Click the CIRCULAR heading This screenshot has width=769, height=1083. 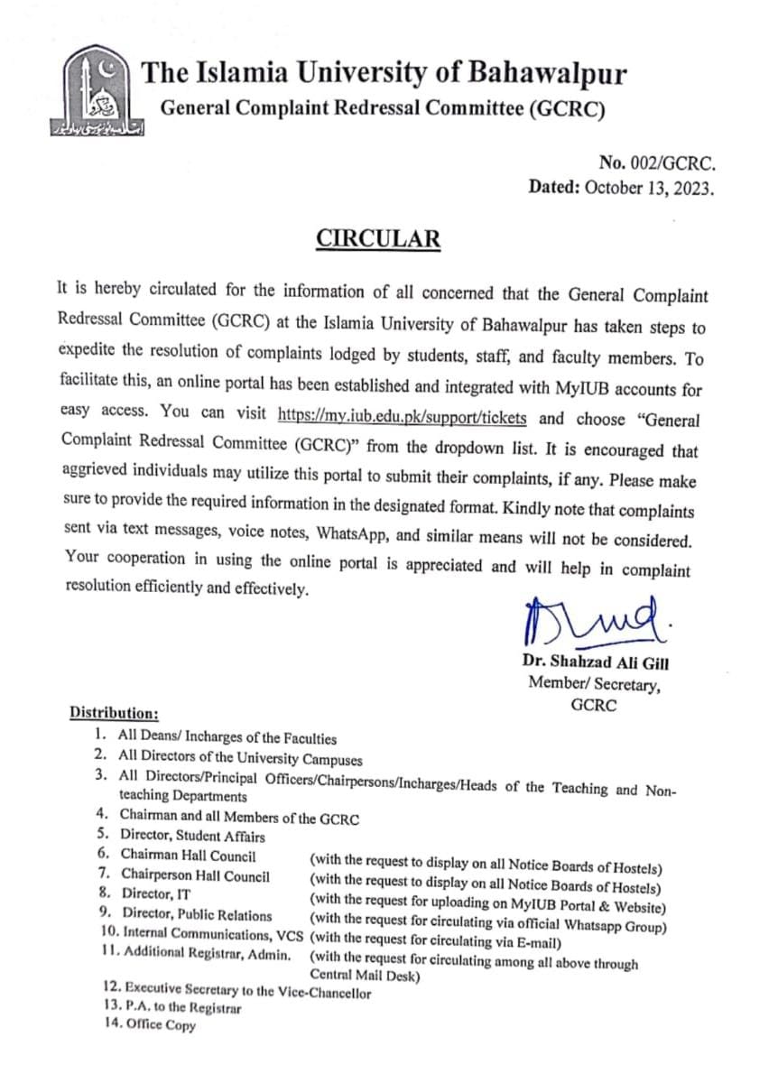pos(378,238)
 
